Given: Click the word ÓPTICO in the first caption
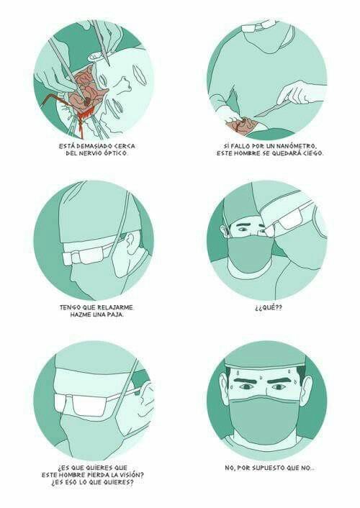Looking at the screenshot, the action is pyautogui.click(x=116, y=153).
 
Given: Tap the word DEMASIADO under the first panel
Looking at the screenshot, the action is pyautogui.click(x=92, y=146).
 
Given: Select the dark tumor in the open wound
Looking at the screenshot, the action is pyautogui.click(x=88, y=101).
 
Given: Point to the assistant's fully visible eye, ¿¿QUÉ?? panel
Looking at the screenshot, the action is pyautogui.click(x=243, y=230).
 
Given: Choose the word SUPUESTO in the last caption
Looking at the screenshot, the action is pyautogui.click(x=269, y=468).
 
